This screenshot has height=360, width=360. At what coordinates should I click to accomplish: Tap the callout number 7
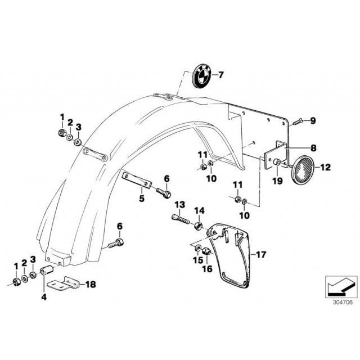220,75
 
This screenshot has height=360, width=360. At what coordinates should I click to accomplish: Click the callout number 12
326,168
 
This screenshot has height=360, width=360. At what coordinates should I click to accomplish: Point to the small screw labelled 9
298,121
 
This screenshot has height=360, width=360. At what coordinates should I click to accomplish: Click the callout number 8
313,148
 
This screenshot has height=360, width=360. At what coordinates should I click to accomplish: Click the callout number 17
261,255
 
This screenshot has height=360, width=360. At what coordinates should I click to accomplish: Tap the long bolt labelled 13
181,219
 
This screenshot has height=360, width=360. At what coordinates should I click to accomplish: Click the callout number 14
199,210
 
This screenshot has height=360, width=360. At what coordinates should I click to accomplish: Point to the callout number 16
207,268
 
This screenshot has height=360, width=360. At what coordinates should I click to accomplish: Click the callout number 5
142,199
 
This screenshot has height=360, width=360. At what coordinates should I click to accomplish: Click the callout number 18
91,285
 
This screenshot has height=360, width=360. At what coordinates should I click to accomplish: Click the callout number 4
44,297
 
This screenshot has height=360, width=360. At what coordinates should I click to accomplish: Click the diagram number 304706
343,302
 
